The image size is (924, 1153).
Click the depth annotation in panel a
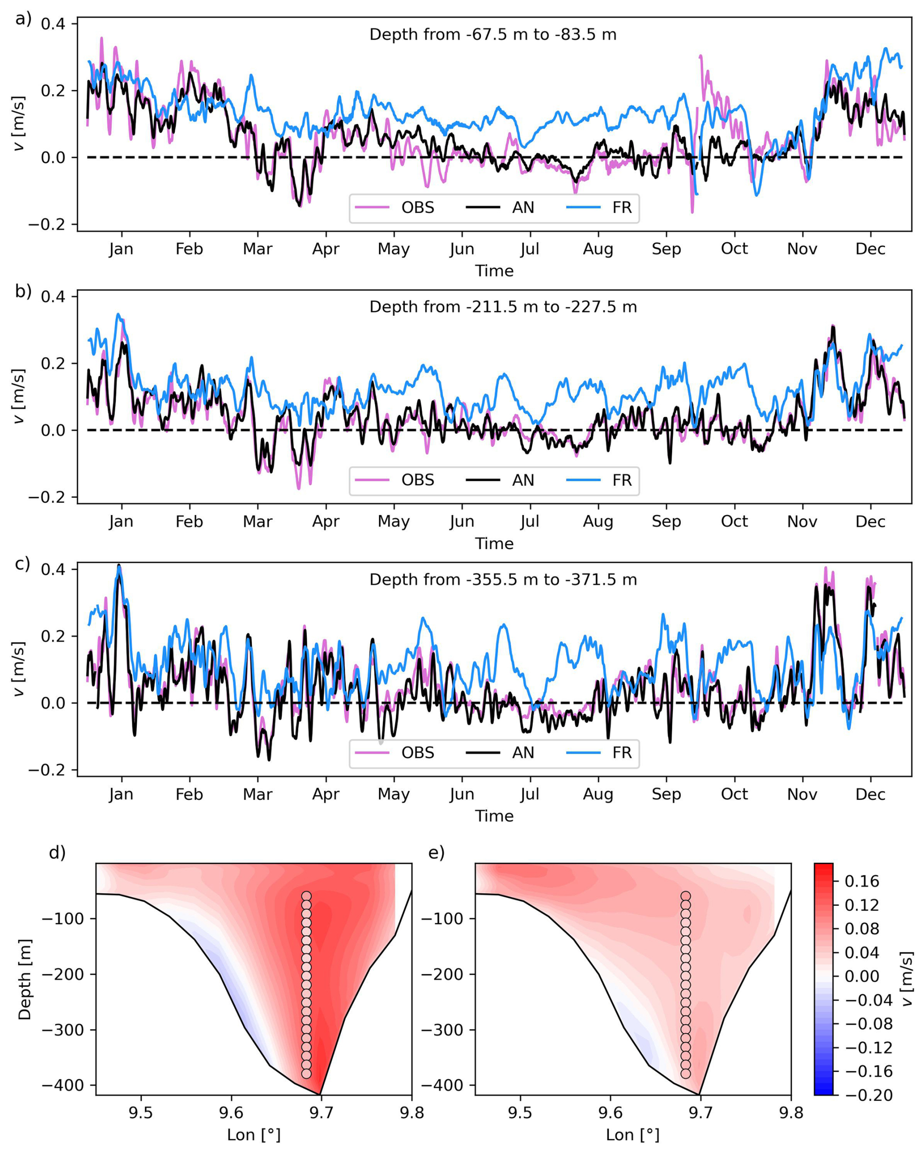pyautogui.click(x=492, y=35)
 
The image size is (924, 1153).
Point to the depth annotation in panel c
pyautogui.click(x=503, y=580)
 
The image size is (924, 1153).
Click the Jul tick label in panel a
pyautogui.click(x=529, y=249)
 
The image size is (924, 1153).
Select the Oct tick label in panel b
pyautogui.click(x=734, y=521)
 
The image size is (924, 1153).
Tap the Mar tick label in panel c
pyautogui.click(x=257, y=794)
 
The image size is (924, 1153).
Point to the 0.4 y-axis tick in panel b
pyautogui.click(x=53, y=297)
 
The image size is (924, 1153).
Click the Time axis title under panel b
pyautogui.click(x=494, y=543)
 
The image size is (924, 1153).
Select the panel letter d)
pyautogui.click(x=57, y=853)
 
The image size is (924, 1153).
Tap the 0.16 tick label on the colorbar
pyautogui.click(x=861, y=881)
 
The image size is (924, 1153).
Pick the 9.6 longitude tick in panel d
pyautogui.click(x=231, y=1113)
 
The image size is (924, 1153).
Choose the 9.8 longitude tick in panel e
pyautogui.click(x=791, y=1113)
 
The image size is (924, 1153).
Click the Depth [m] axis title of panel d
pyautogui.click(x=24, y=979)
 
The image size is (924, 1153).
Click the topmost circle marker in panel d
pyautogui.click(x=306, y=897)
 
